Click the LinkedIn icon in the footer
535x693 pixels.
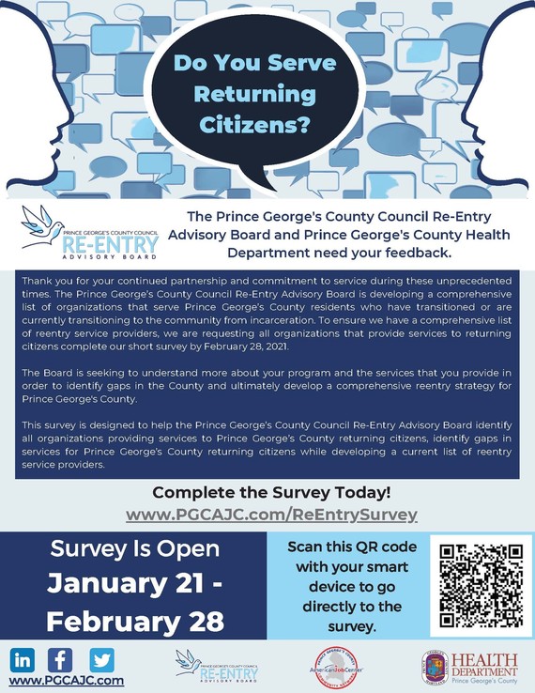pyautogui.click(x=24, y=658)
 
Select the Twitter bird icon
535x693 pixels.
pyautogui.click(x=101, y=658)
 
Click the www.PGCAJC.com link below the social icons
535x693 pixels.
pyautogui.click(x=66, y=680)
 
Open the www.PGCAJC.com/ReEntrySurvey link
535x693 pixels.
pyautogui.click(x=271, y=515)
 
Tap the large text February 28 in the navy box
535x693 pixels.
pyautogui.click(x=135, y=621)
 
